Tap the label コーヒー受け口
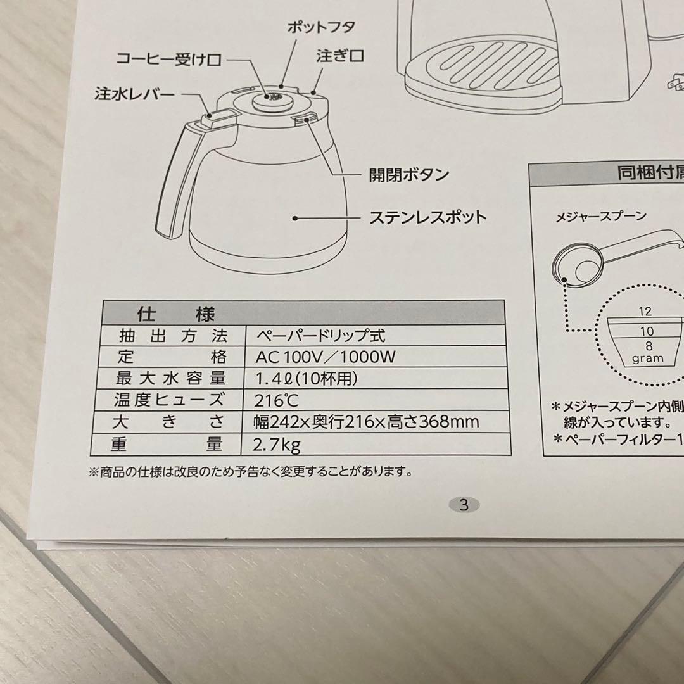pyautogui.click(x=168, y=60)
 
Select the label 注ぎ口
pyautogui.click(x=340, y=56)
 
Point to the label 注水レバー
pyautogui.click(x=135, y=94)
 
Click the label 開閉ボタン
pyautogui.click(x=409, y=174)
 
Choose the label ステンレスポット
pyautogui.click(x=427, y=217)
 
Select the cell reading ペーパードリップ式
pyautogui.click(x=320, y=335)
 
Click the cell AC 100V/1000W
pyautogui.click(x=325, y=357)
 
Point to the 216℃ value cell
pyautogui.click(x=277, y=400)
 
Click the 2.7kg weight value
pyautogui.click(x=276, y=444)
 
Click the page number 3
pyautogui.click(x=464, y=505)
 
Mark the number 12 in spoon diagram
pyautogui.click(x=645, y=312)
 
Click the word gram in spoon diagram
pyautogui.click(x=647, y=358)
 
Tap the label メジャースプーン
pyautogui.click(x=600, y=217)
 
